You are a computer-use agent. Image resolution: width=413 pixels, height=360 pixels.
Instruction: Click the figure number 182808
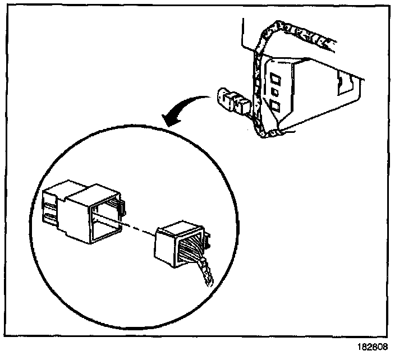point(372,347)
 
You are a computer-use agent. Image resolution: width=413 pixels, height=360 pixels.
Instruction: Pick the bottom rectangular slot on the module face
point(276,105)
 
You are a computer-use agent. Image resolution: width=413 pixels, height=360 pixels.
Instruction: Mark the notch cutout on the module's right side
point(340,85)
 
